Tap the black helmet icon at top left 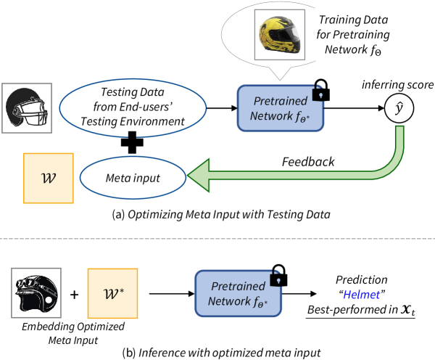coord(24,109)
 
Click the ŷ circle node coord(389,109)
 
